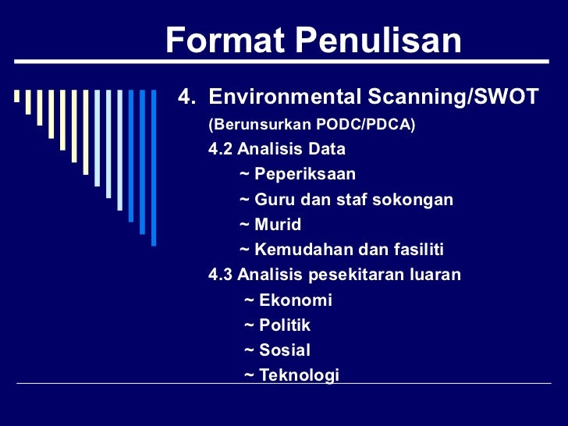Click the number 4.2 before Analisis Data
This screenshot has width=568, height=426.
click(x=221, y=149)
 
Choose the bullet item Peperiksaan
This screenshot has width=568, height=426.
click(x=304, y=174)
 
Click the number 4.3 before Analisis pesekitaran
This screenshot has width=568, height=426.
click(x=221, y=275)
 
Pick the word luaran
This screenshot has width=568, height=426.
click(x=435, y=275)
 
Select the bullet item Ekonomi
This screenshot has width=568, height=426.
click(x=295, y=300)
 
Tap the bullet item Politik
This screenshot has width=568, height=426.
click(x=285, y=325)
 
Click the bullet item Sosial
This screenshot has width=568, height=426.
click(x=284, y=350)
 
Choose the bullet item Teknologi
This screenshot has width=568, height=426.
click(x=299, y=375)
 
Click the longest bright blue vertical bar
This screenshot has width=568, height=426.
click(x=154, y=167)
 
